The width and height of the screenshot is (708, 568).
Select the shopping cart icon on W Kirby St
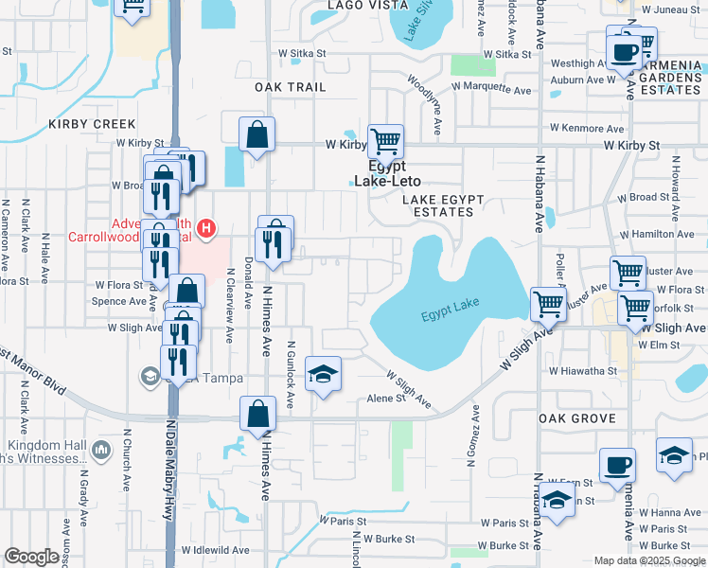(x=385, y=142)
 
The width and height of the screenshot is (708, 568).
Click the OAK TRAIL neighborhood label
(x=290, y=87)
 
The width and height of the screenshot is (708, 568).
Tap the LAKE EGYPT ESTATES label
(x=443, y=205)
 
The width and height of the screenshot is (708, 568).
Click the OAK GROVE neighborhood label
(x=576, y=418)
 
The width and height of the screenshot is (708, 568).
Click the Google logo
(x=31, y=557)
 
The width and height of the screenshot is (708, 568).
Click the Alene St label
(x=386, y=399)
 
